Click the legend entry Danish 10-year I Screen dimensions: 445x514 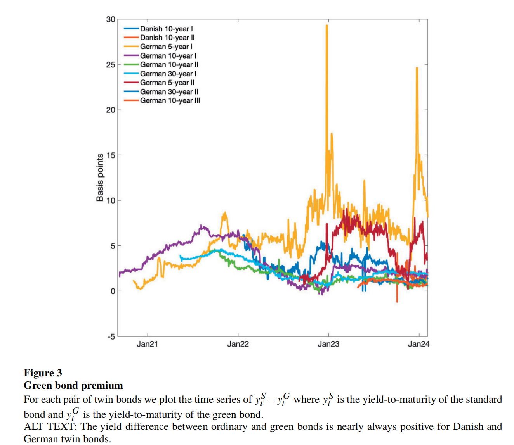tap(166, 29)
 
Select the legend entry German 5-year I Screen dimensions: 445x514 tap(166, 47)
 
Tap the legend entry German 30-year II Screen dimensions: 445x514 tap(169, 92)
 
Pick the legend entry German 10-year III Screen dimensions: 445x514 tap(170, 101)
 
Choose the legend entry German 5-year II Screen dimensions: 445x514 tap(167, 83)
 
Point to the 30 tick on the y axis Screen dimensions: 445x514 tap(111, 19)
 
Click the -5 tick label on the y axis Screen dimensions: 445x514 tap(111, 336)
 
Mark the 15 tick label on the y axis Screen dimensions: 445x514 tap(111, 155)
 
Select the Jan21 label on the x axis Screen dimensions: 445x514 tap(147, 344)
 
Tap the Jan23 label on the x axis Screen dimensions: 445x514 tap(328, 344)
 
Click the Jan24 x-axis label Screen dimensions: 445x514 tap(418, 344)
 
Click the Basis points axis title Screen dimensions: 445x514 tap(100, 178)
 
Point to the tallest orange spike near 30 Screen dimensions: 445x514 tap(327, 26)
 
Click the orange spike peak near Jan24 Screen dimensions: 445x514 tap(417, 68)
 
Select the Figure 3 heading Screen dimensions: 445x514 tap(43, 373)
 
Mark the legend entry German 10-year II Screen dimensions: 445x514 tap(169, 65)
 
